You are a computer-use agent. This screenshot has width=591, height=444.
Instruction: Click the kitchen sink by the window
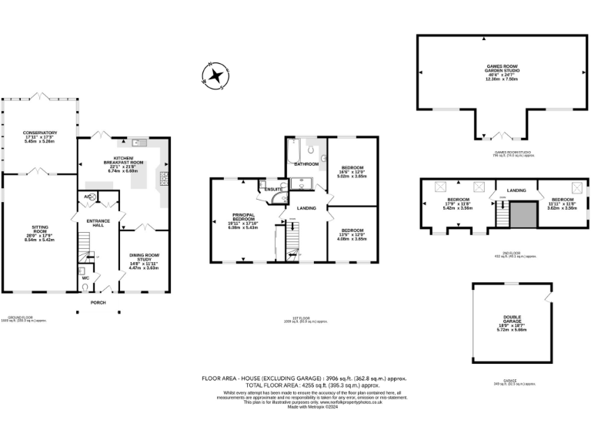pyautogui.click(x=139, y=143)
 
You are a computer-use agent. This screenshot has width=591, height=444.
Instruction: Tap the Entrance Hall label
pyautogui.click(x=98, y=223)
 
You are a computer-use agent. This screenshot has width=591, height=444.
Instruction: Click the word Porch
pyautogui.click(x=98, y=302)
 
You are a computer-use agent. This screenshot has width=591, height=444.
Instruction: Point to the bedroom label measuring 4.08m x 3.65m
pyautogui.click(x=353, y=234)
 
